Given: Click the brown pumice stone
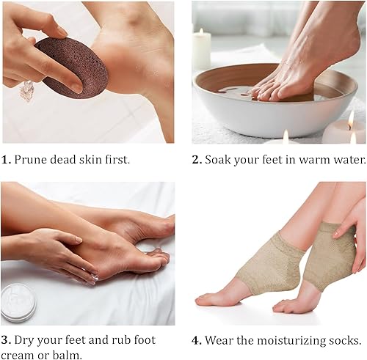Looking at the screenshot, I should coord(71,67).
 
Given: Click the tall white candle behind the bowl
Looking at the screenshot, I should coord(201,49).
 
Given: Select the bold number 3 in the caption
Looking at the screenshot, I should coord(6,340).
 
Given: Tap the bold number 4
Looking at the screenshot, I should coord(197,340).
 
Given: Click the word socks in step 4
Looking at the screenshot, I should coord(344,340).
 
